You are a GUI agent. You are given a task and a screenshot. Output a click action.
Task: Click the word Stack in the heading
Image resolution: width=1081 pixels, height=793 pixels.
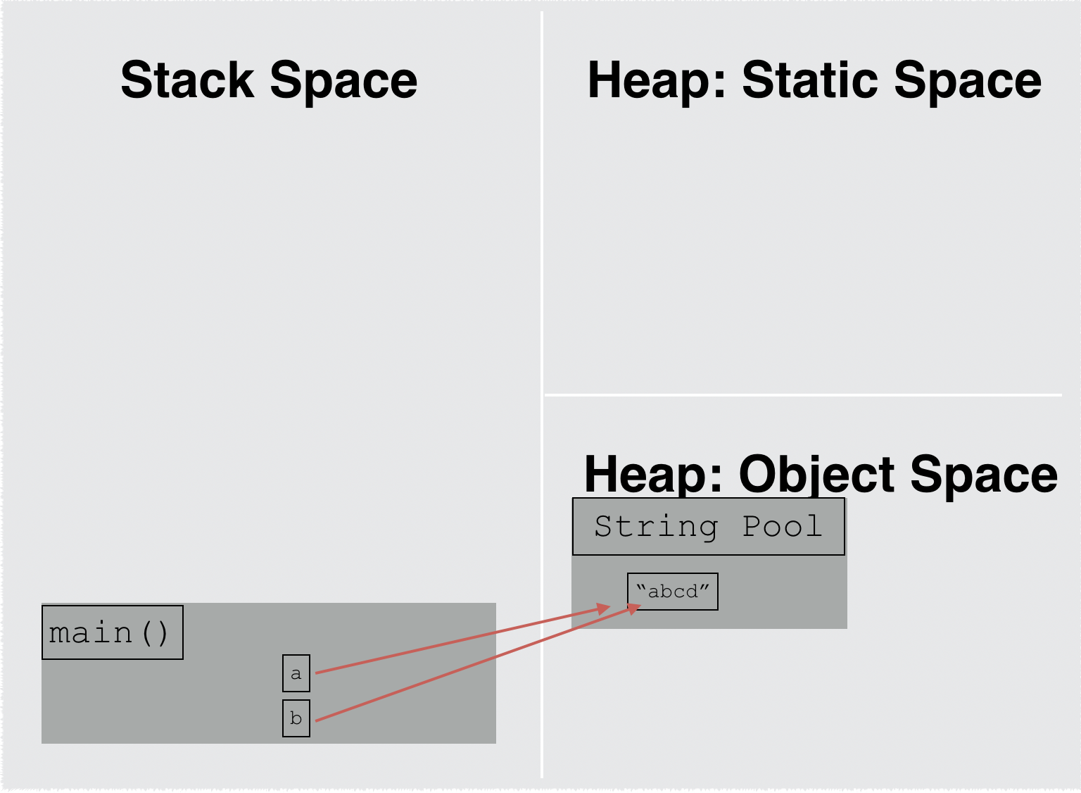tap(187, 80)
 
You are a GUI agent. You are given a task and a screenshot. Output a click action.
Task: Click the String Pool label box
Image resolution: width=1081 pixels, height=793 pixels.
tap(708, 527)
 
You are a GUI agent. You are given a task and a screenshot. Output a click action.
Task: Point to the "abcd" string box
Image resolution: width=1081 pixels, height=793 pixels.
tap(672, 592)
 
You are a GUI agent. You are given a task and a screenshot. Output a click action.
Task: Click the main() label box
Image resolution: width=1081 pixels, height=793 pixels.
tap(112, 632)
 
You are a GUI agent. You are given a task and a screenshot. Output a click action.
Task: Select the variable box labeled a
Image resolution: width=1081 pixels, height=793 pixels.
tap(296, 673)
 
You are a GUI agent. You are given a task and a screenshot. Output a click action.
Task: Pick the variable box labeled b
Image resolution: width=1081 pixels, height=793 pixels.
tap(296, 718)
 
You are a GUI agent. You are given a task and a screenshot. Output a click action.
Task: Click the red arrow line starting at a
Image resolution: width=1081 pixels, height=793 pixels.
tap(457, 641)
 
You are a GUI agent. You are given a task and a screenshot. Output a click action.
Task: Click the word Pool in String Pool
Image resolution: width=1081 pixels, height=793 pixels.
tap(782, 527)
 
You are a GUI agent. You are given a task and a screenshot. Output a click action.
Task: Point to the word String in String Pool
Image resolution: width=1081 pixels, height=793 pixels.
tap(656, 527)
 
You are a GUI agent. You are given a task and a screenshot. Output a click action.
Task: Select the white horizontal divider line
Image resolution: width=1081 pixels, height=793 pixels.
tap(802, 395)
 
